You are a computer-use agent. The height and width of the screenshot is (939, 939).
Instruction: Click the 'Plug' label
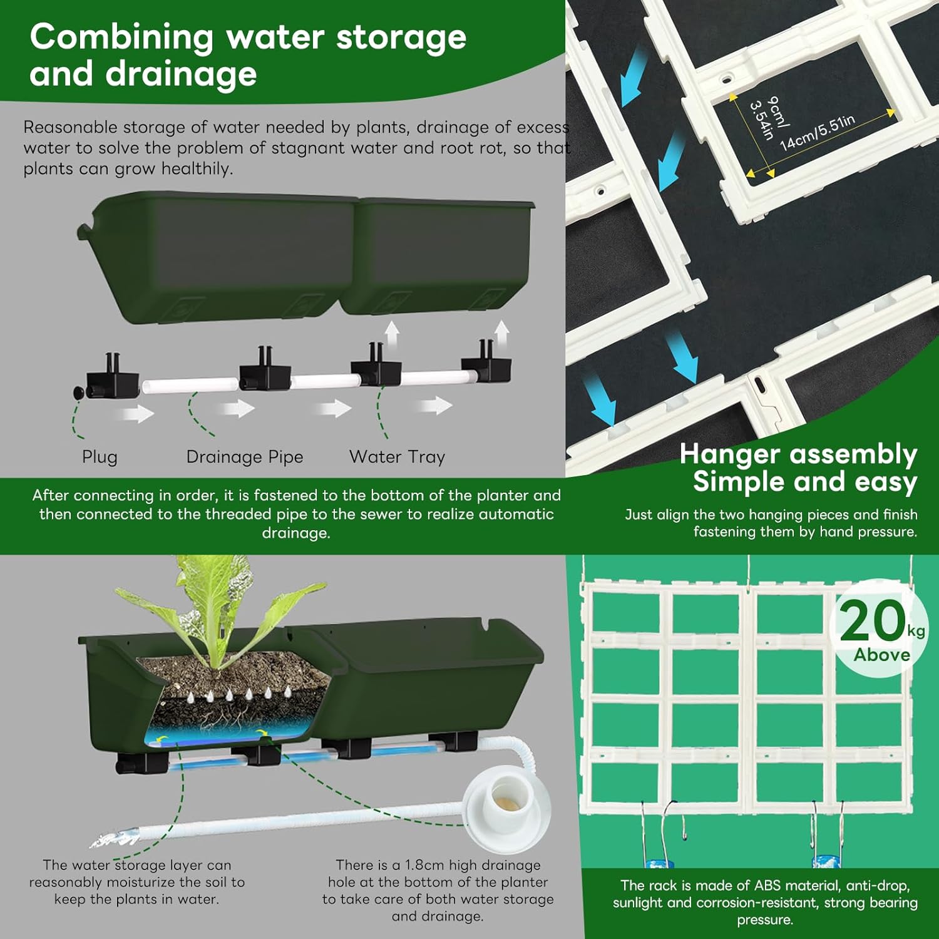pos(100,457)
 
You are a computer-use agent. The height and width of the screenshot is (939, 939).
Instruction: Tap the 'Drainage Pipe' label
pos(245,457)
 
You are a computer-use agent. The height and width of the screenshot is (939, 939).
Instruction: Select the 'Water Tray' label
pos(397,457)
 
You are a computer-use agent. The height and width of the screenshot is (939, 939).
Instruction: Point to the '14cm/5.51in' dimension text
pos(818,133)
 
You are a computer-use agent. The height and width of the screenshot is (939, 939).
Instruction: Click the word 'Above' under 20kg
pos(882,655)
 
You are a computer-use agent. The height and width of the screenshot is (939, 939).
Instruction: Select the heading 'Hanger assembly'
pos(798,454)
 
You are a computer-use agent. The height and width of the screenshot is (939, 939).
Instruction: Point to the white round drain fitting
pos(508,804)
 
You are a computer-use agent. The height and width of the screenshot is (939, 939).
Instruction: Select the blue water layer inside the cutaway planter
pos(225,733)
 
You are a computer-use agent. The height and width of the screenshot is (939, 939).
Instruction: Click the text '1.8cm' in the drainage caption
pos(424,865)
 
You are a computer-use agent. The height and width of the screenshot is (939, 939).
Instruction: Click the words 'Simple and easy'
pos(805,482)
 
